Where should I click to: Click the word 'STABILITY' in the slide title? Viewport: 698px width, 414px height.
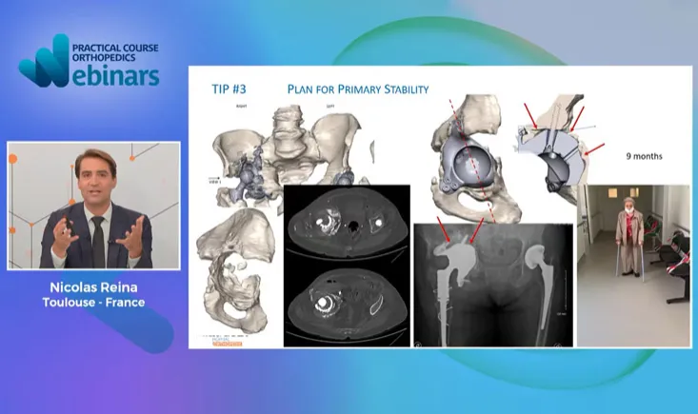403,89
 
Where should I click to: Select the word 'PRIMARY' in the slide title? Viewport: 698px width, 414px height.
350,89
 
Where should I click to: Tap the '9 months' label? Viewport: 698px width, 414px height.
644,155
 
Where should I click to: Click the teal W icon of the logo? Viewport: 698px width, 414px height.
44,65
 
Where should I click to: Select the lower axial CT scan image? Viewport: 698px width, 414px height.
347,299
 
